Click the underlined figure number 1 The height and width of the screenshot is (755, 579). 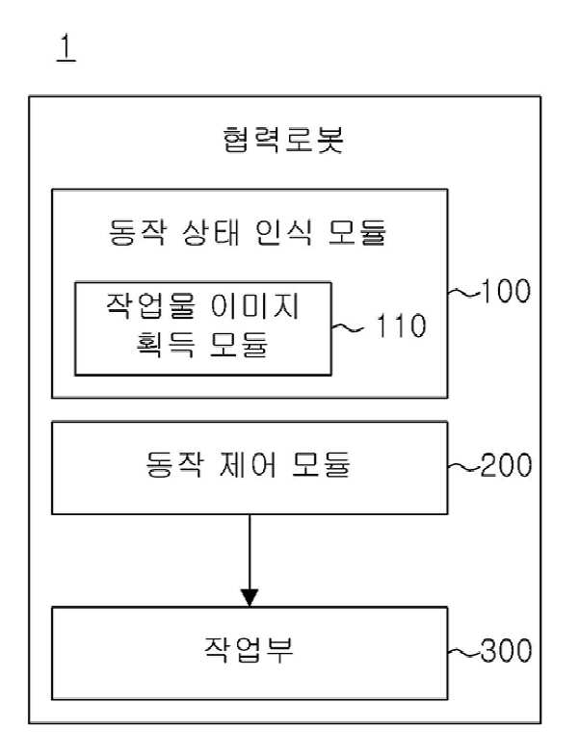coord(66,48)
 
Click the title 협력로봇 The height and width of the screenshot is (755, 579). coord(283,140)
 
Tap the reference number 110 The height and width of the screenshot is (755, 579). coord(401,325)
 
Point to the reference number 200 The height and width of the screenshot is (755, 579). coord(507,465)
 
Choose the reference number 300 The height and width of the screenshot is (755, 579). coord(507,650)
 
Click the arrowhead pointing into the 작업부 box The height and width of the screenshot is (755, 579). coord(250,597)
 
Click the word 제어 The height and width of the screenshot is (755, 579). coord(249,464)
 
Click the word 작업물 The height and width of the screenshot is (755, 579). coord(150,306)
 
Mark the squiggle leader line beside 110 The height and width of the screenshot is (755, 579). coord(347,328)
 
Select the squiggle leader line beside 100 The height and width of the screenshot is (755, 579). coord(464,292)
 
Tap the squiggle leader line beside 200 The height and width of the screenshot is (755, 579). coord(464,466)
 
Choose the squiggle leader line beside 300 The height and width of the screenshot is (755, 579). coord(464,651)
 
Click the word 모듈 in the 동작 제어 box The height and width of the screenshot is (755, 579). coord(321,464)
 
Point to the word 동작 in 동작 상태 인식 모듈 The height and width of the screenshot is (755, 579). coord(137,233)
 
